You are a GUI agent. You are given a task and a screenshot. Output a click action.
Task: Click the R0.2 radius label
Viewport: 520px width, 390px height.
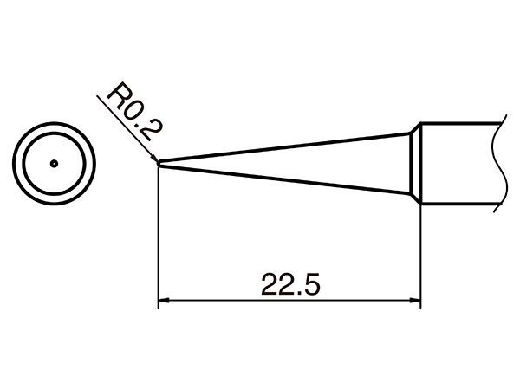pyautogui.click(x=134, y=112)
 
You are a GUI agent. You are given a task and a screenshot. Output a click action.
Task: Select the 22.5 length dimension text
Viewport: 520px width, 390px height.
pyautogui.click(x=290, y=284)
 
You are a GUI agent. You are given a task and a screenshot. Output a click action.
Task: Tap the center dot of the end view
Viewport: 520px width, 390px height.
pyautogui.click(x=54, y=164)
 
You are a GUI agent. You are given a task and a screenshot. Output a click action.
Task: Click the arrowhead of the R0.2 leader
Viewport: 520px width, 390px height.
pyautogui.click(x=154, y=158)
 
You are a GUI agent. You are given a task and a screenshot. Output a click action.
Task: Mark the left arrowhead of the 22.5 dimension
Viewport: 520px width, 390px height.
pyautogui.click(x=164, y=301)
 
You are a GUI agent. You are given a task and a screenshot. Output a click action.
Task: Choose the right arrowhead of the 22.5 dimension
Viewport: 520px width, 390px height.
pyautogui.click(x=415, y=301)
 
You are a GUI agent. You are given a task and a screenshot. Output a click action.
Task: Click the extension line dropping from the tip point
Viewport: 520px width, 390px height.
pyautogui.click(x=159, y=237)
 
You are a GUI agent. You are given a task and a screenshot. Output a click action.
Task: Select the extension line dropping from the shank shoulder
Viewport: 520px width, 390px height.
pyautogui.click(x=420, y=256)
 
